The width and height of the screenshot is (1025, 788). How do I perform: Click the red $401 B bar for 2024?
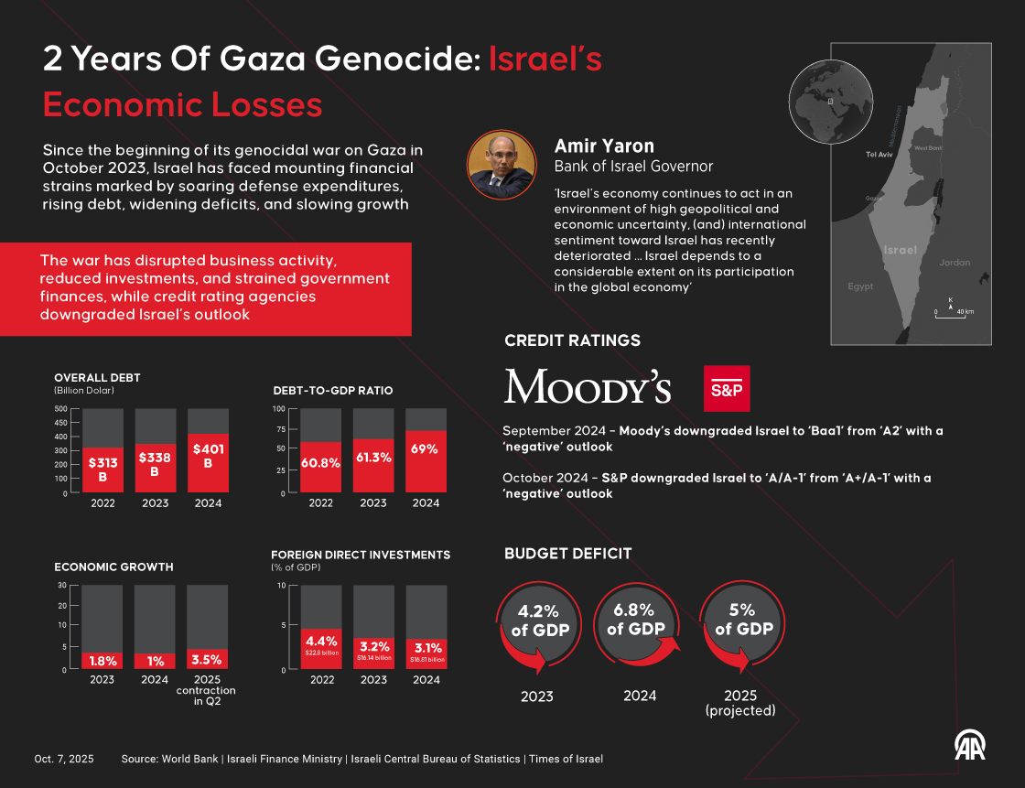[x=208, y=463]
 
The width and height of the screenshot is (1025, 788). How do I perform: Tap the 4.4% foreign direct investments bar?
[x=321, y=649]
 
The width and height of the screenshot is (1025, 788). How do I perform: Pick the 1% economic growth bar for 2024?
[x=155, y=661]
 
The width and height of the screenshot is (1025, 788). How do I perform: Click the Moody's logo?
[x=588, y=387]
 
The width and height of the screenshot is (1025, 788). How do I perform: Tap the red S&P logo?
[x=727, y=388]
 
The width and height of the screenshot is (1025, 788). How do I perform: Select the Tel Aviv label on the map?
[x=879, y=155]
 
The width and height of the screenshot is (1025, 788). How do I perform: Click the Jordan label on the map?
[x=955, y=263]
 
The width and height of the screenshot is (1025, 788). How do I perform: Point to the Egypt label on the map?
[x=860, y=286]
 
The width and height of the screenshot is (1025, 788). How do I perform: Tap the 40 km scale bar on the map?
[x=953, y=311]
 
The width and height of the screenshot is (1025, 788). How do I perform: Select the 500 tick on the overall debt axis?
[x=60, y=408]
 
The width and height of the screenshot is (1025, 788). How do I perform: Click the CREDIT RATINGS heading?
[x=572, y=340]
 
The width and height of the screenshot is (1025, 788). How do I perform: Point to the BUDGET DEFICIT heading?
[x=567, y=553]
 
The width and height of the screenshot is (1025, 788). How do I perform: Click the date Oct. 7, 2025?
[x=63, y=759]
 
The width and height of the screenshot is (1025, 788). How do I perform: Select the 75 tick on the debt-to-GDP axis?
[x=280, y=428]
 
